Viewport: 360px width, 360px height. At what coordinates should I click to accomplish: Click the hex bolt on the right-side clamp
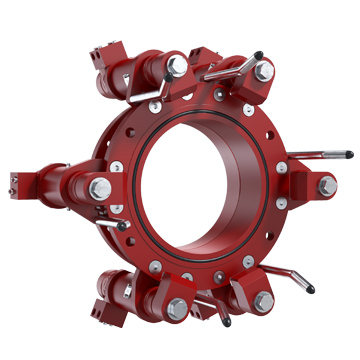[x=327, y=185]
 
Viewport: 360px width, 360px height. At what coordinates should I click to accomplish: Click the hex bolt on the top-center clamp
[x=177, y=66]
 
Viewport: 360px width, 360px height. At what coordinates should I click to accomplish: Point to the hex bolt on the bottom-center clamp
[x=177, y=307]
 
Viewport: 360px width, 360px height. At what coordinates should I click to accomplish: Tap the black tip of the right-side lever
[x=349, y=154]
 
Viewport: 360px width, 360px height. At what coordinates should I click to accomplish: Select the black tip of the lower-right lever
[x=310, y=290]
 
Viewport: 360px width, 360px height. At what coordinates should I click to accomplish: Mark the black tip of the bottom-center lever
[x=227, y=322]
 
